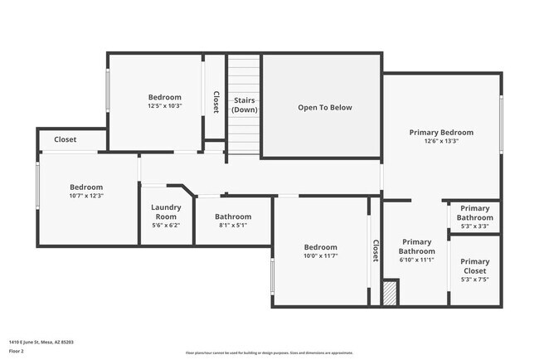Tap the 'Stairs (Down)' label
(244, 105)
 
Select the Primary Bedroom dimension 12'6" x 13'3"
(441, 142)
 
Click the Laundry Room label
(166, 212)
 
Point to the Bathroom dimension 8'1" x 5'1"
(232, 226)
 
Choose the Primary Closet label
(474, 265)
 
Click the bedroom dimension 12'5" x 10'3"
(164, 106)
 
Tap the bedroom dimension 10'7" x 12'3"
(86, 196)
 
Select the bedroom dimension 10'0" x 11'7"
(320, 256)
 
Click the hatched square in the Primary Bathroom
(390, 293)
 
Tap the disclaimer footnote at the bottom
(269, 353)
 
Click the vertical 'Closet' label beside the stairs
(216, 102)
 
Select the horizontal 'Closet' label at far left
(66, 139)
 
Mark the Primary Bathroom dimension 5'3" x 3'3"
(474, 226)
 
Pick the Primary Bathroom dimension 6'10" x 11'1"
(416, 260)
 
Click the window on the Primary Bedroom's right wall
(501, 124)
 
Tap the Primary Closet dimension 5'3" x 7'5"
(474, 280)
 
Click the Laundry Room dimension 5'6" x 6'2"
(166, 226)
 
